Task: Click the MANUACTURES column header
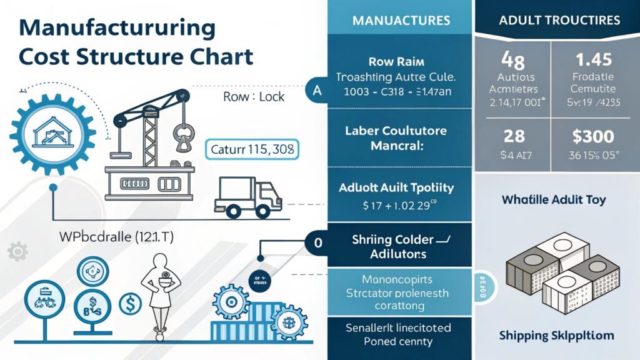[x=401, y=20]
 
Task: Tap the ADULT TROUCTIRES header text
[x=559, y=20]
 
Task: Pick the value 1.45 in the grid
[x=593, y=61]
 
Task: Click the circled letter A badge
[x=317, y=91]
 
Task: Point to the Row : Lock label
[x=254, y=97]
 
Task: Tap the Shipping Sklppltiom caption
[x=557, y=336]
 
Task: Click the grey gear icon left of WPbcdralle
[x=17, y=252]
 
